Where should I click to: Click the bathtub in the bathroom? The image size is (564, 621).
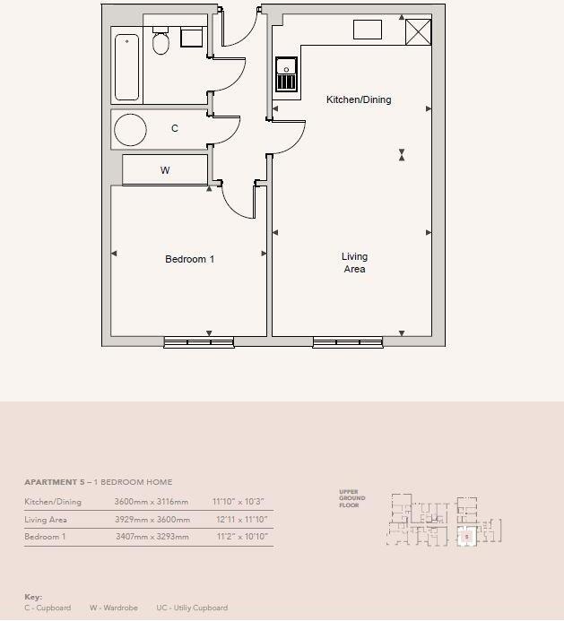pos(126,67)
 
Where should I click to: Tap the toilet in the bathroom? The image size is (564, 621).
pos(161,41)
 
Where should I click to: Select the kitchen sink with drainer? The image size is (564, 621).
pos(286,75)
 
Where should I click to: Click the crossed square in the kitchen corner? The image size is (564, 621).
pos(418,31)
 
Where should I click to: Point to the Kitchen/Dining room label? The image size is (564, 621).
pos(359,99)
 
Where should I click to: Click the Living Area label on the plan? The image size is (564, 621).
pos(354,263)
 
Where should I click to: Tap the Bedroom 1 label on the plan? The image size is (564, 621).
pos(189,260)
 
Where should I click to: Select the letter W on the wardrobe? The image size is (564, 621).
pos(165,170)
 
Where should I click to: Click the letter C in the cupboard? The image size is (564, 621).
pos(175,128)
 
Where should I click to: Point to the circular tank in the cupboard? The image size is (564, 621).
pos(130,130)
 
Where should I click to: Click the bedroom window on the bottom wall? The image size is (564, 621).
pos(198,341)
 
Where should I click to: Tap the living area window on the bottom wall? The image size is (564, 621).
pos(348,341)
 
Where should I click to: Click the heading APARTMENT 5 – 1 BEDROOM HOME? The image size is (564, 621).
pos(98,482)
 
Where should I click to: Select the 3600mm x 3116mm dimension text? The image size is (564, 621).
pos(152,502)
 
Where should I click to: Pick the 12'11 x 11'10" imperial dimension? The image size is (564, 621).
pos(241,520)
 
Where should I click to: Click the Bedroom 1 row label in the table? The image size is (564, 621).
pos(45,537)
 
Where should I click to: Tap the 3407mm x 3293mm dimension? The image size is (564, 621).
pos(152,537)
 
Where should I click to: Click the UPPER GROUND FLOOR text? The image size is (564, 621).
pos(349,498)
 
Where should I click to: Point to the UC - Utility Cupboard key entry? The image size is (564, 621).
pos(192,608)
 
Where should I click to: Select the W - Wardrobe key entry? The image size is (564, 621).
pos(113,608)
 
